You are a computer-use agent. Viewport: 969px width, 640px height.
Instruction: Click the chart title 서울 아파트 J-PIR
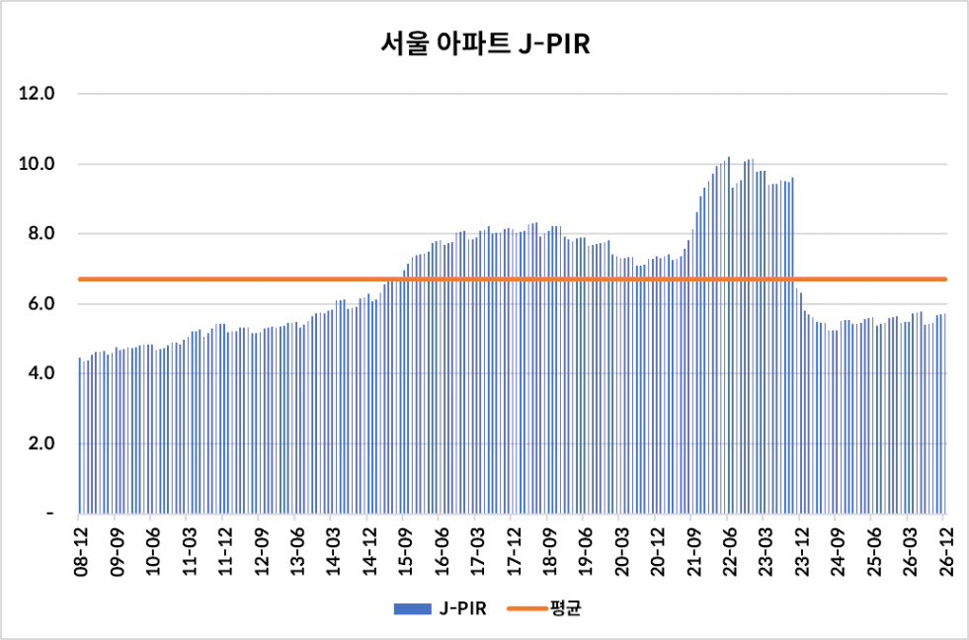point(484,45)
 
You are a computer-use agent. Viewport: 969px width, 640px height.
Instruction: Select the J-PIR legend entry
point(440,608)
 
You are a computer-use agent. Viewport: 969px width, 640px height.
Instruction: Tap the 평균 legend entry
point(544,608)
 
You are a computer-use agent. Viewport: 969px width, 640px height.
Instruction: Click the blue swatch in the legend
point(412,609)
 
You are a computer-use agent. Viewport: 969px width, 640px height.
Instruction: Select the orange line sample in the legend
point(526,609)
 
